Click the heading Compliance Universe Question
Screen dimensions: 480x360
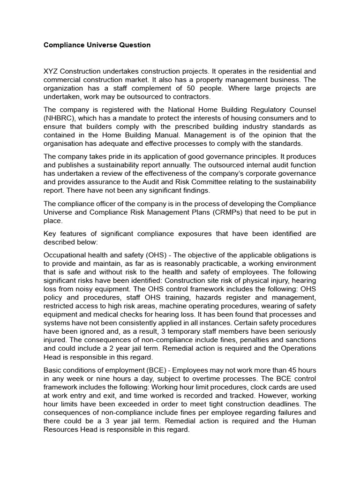[97, 45]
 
